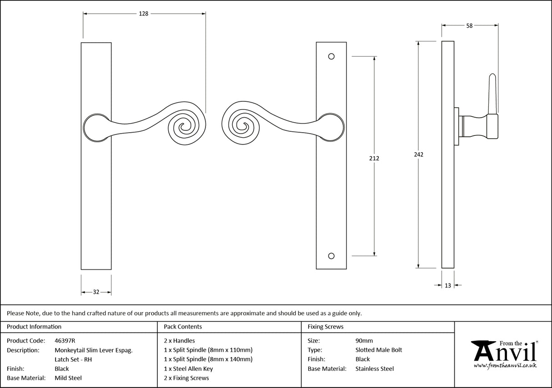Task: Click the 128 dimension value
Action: pyautogui.click(x=144, y=14)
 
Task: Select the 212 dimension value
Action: pyautogui.click(x=374, y=159)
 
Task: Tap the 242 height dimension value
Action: pyautogui.click(x=419, y=154)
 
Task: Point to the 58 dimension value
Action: pyautogui.click(x=469, y=26)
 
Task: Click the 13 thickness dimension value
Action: pyautogui.click(x=448, y=285)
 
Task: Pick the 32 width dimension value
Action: pyautogui.click(x=96, y=292)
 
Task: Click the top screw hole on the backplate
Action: pyautogui.click(x=331, y=56)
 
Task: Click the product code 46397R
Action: pyautogui.click(x=65, y=340)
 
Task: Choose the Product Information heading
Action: pyautogui.click(x=34, y=327)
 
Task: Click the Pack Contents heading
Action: pyautogui.click(x=183, y=327)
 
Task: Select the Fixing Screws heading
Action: pyautogui.click(x=326, y=327)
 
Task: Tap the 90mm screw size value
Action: pyautogui.click(x=364, y=340)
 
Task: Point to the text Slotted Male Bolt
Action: pyautogui.click(x=379, y=350)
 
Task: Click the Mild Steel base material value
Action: pyautogui.click(x=68, y=378)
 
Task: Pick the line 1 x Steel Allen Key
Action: pyautogui.click(x=188, y=368)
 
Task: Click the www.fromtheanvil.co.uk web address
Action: pyautogui.click(x=505, y=365)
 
